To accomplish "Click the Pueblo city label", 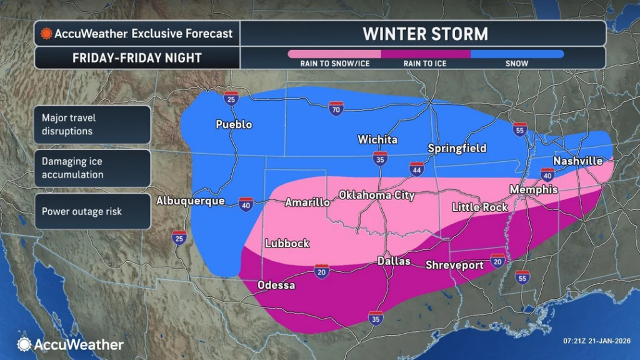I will click(x=234, y=124).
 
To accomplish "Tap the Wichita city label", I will click(x=377, y=139).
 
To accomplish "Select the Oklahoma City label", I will click(x=377, y=196).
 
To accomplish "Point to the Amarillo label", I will click(x=307, y=202).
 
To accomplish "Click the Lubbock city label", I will click(x=287, y=244).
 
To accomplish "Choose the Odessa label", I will click(x=277, y=286).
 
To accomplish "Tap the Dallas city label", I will click(x=394, y=261).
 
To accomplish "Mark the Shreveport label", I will click(x=454, y=265).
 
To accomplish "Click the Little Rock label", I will click(x=480, y=207).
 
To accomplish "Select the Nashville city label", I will click(x=578, y=161).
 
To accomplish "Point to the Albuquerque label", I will click(x=190, y=201).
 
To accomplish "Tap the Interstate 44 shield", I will click(x=416, y=168).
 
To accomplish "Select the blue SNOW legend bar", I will click(x=517, y=54).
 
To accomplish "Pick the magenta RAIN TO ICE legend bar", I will click(x=425, y=54).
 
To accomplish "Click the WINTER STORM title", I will click(x=426, y=32).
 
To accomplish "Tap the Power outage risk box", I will click(x=92, y=211).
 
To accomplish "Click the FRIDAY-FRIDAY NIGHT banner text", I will click(x=137, y=58).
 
